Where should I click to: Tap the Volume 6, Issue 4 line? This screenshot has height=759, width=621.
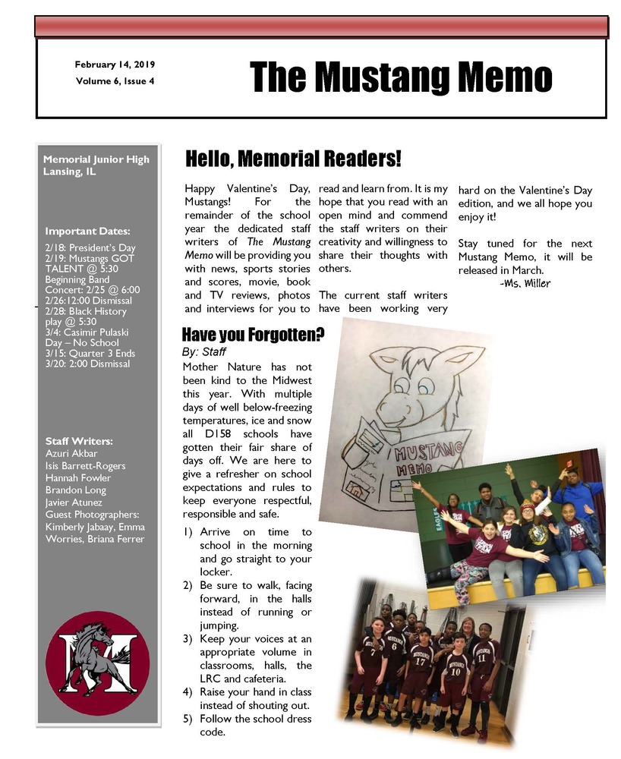pyautogui.click(x=115, y=80)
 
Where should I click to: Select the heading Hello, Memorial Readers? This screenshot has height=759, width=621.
pyautogui.click(x=293, y=159)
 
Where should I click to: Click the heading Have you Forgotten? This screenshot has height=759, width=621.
pyautogui.click(x=254, y=335)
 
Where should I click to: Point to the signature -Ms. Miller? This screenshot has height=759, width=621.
pyautogui.click(x=525, y=283)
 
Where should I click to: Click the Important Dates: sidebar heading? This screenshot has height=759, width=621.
pyautogui.click(x=87, y=231)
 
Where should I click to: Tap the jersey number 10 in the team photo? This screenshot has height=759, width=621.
pyautogui.click(x=456, y=670)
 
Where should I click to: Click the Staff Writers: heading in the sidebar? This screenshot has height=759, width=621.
pyautogui.click(x=79, y=441)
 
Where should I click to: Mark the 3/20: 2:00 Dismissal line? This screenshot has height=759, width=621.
pyautogui.click(x=87, y=364)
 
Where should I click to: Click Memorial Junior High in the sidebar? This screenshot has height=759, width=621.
pyautogui.click(x=96, y=159)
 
